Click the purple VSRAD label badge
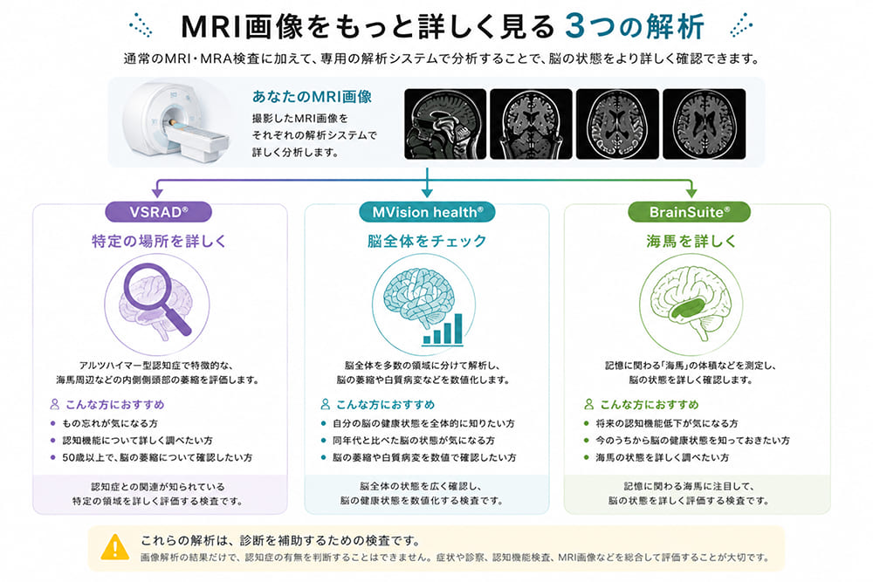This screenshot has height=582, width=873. click(159, 212)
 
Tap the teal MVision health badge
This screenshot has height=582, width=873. click(427, 212)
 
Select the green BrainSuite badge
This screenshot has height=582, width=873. click(690, 212)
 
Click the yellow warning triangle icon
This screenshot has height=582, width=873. click(114, 547)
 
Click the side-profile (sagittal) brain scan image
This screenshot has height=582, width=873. click(445, 124)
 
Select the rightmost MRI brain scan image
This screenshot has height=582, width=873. click(704, 124)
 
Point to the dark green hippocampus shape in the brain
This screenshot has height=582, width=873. click(690, 308)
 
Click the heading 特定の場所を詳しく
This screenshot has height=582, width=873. click(159, 241)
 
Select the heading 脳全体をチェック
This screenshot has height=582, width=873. click(427, 241)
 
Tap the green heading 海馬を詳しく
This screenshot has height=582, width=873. click(691, 241)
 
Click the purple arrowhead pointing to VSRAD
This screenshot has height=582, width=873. click(157, 192)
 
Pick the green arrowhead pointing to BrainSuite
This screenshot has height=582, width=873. click(691, 192)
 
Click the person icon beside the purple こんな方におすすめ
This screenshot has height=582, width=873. click(54, 404)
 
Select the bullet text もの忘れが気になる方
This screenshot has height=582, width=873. click(110, 423)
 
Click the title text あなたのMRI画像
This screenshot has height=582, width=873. click(312, 97)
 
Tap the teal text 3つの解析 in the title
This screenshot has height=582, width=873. click(635, 26)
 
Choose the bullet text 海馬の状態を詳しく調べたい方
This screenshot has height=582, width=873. click(662, 457)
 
